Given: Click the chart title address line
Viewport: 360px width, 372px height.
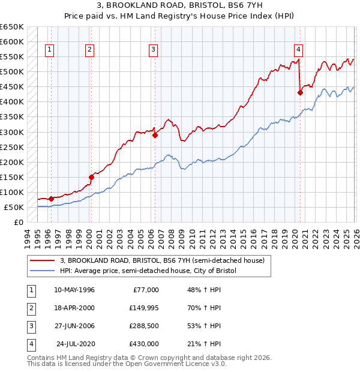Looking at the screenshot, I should click(180, 6).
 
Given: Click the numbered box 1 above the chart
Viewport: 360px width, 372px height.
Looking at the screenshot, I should click(49, 50).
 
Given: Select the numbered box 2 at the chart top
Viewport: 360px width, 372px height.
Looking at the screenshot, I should click(89, 50).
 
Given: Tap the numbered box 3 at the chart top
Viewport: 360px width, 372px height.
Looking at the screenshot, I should click(154, 50).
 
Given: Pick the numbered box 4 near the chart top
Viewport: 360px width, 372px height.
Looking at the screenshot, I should click(298, 50).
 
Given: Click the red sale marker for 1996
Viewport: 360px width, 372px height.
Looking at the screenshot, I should click(51, 199).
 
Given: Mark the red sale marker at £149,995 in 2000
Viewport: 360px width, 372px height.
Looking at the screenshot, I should click(91, 177).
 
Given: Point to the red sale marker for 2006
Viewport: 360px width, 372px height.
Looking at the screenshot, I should click(155, 135).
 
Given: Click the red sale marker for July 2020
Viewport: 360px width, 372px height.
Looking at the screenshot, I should click(300, 92).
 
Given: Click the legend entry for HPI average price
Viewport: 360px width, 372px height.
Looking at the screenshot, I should click(148, 271).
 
